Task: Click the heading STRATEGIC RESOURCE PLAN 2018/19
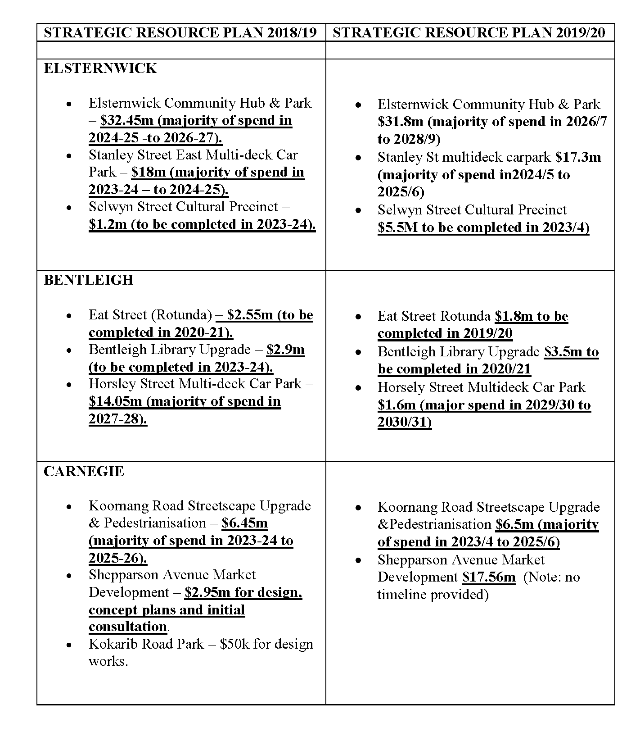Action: tap(180, 32)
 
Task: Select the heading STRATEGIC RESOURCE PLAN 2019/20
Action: tap(469, 32)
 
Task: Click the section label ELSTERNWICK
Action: tap(100, 68)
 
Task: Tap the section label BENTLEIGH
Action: tap(88, 280)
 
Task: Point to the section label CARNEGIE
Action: tap(83, 471)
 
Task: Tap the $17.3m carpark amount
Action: tap(578, 157)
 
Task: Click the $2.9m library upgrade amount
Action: tap(285, 350)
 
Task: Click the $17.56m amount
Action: tap(489, 577)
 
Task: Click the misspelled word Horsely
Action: tap(403, 387)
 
